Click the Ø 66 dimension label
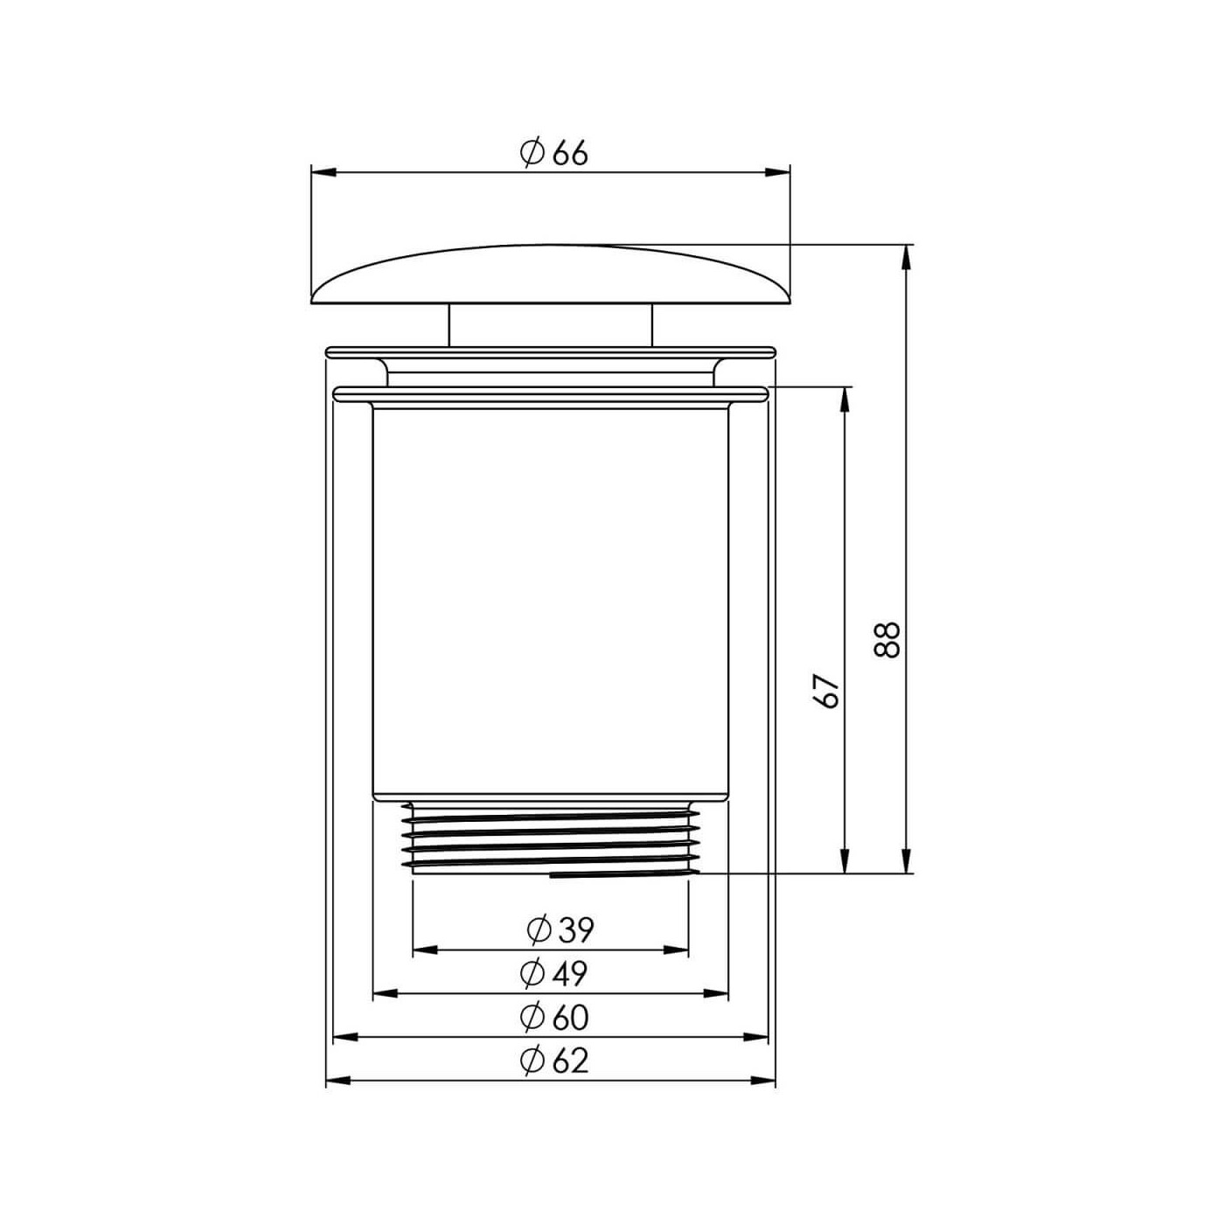(554, 153)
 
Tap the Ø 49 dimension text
(554, 972)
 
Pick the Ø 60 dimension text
(554, 1017)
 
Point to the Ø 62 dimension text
(554, 1061)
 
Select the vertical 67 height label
(827, 691)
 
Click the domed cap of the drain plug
(551, 275)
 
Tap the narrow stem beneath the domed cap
(551, 324)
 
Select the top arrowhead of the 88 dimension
(907, 257)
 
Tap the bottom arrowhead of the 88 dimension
(907, 860)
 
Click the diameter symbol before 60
(532, 1017)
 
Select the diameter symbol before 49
(532, 972)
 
